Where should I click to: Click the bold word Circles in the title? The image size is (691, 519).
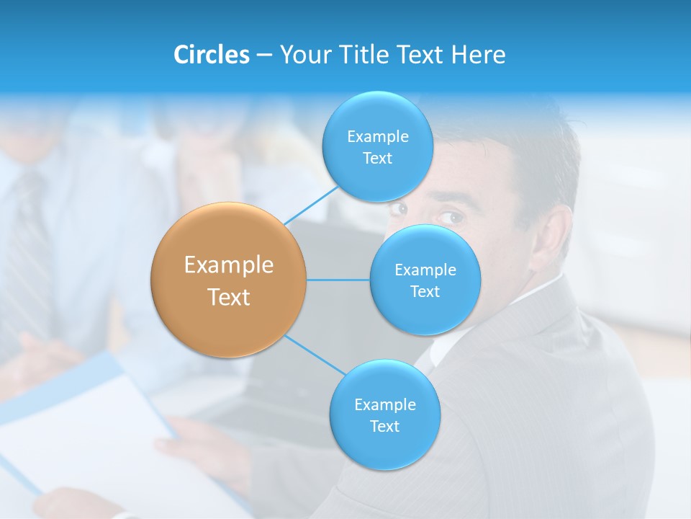pos(211,55)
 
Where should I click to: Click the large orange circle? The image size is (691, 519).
pos(229,280)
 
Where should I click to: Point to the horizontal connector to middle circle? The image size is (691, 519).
pos(338,280)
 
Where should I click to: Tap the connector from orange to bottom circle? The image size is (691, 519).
pos(315,355)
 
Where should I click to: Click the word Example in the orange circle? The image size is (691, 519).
pos(229,265)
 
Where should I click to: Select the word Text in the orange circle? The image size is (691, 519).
pos(229,297)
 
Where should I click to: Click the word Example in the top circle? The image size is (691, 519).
pos(377,136)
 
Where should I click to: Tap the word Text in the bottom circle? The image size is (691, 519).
pos(384,426)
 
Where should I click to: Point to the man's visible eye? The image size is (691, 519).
pos(451,216)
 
